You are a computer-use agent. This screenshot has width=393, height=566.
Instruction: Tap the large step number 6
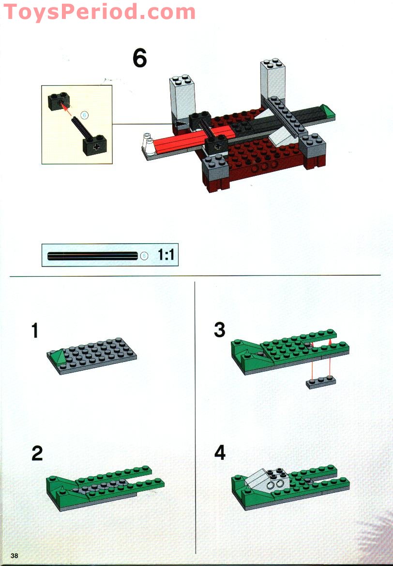click(x=139, y=59)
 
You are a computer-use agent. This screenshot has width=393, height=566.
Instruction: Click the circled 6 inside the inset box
click(x=84, y=115)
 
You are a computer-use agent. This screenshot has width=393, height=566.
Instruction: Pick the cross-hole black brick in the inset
click(x=94, y=145)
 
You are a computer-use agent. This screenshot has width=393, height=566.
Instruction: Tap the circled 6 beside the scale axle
click(x=144, y=256)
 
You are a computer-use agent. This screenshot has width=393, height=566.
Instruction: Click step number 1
click(x=34, y=331)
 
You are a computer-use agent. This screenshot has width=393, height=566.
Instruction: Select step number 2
click(x=37, y=454)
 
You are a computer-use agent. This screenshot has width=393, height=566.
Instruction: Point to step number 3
click(x=219, y=330)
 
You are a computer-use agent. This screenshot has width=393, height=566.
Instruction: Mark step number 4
click(x=220, y=453)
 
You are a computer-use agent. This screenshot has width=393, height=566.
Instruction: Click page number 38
click(x=14, y=555)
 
